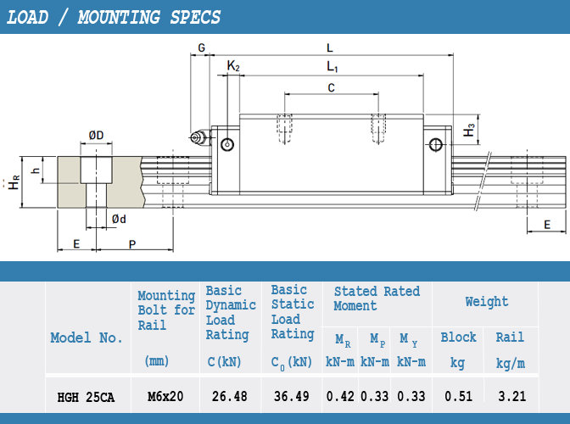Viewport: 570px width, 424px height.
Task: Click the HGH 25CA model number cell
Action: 86,397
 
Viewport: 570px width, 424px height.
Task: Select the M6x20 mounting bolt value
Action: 165,396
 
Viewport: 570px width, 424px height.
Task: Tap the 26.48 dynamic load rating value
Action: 230,396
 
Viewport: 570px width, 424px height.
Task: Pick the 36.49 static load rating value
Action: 292,396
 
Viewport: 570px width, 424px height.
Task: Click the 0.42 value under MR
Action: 340,396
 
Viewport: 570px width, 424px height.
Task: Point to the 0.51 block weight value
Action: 458,396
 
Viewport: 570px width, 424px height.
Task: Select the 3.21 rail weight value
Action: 511,396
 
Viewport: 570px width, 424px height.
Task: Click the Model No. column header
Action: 87,338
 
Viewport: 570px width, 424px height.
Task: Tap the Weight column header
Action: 487,302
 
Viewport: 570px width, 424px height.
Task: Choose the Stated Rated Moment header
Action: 377,298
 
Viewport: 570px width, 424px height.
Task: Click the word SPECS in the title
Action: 195,18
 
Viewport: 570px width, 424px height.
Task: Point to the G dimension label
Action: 201,47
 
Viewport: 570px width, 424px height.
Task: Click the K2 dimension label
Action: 233,66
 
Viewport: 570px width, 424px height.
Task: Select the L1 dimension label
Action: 332,66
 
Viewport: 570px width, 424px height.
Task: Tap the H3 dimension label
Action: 469,130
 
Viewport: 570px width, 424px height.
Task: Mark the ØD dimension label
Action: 97,136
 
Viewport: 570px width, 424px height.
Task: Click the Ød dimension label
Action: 119,219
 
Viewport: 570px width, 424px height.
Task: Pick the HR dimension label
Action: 14,182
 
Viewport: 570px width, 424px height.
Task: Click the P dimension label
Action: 132,244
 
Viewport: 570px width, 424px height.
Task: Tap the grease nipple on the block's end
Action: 199,137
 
